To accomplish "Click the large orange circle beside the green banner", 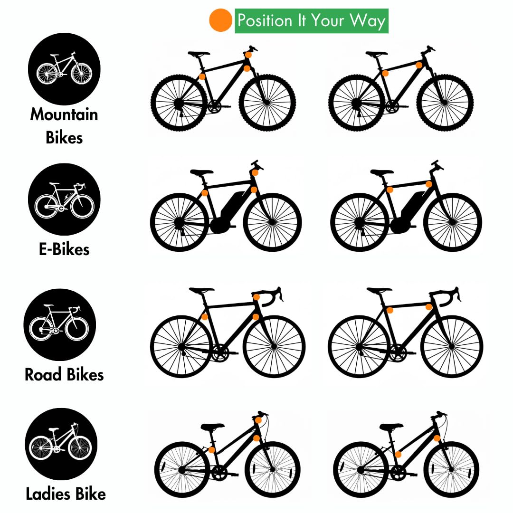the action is tap(220, 20).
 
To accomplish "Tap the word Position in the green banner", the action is tap(265, 20).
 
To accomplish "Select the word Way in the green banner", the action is tap(368, 21).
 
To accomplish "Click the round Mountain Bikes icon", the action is tap(64, 69).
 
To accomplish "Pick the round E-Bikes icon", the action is tap(64, 199).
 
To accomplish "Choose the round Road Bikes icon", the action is tap(60, 324).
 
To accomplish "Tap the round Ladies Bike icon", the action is tap(61, 444).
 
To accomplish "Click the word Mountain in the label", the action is tap(64, 114).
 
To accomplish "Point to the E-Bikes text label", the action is tap(64, 249).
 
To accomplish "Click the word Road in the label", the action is tap(43, 375).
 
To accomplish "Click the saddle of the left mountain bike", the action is tap(199, 53).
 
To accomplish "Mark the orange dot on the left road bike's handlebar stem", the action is tap(256, 297).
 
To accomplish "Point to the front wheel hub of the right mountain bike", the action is tap(445, 103).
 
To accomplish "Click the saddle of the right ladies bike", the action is tap(391, 427).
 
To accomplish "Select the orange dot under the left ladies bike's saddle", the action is tap(212, 450).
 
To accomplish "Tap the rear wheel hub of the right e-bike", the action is tap(360, 222).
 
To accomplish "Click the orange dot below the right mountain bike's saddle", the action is tap(385, 73).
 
